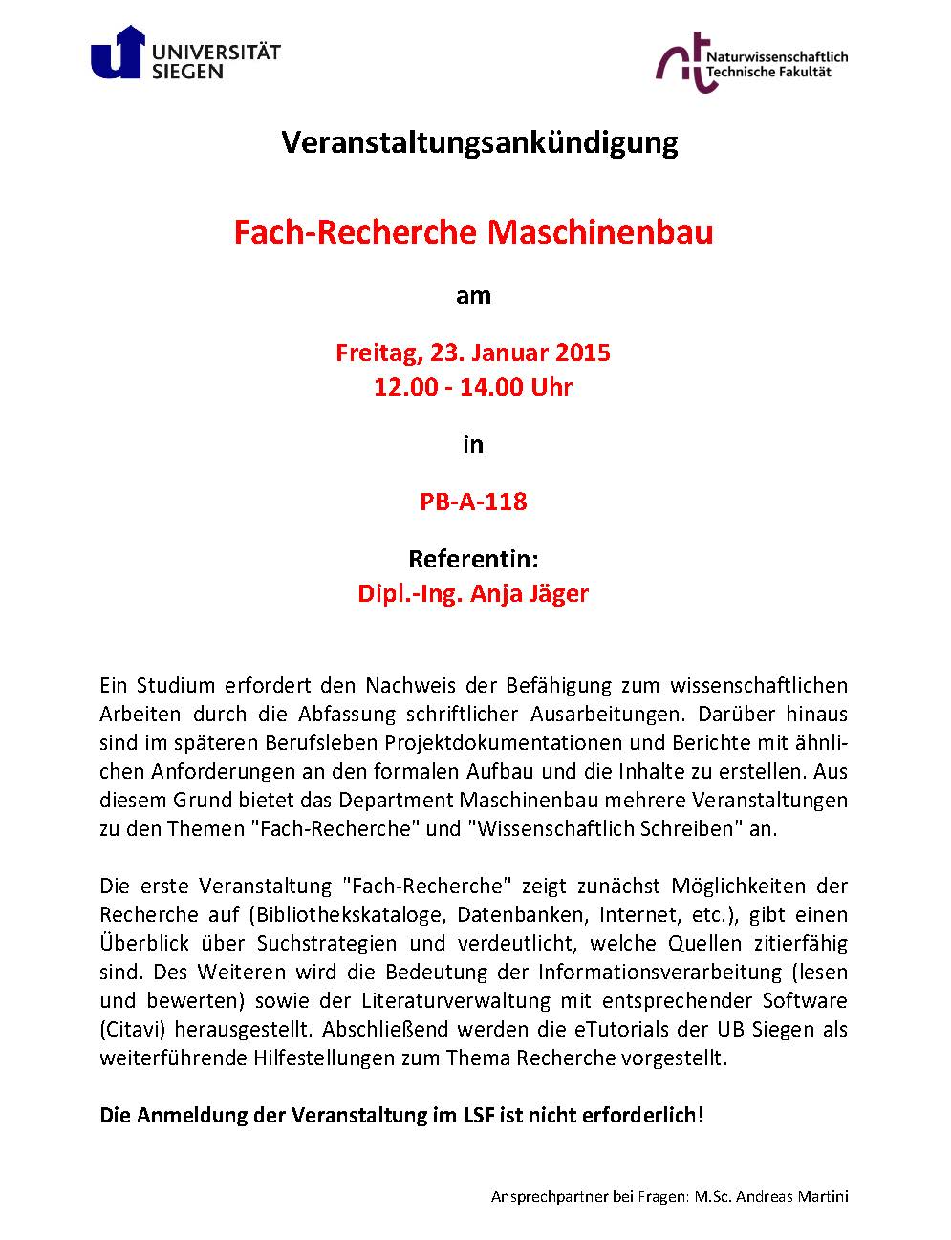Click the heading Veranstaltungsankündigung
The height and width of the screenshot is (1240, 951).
click(x=480, y=143)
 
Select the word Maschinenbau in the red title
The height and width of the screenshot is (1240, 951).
click(x=601, y=232)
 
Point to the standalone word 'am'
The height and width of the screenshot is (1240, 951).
click(x=473, y=295)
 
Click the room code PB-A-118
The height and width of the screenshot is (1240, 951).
click(x=473, y=501)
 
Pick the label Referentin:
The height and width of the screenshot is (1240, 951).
click(x=473, y=558)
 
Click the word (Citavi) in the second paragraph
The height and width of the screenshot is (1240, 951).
click(x=131, y=1029)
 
